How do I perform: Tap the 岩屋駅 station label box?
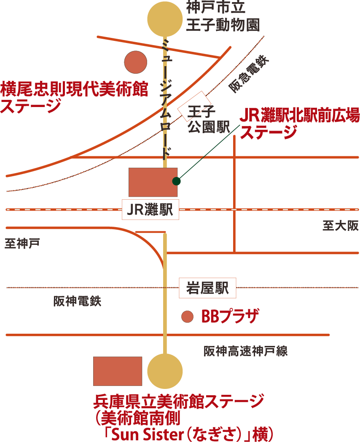207,288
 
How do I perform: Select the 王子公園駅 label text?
202,120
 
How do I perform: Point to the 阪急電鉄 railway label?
248,74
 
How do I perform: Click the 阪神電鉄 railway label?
78,302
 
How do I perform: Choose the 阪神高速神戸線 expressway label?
246,351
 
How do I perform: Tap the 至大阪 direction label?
340,226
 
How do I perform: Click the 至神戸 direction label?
22,244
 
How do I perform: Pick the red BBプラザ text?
229,316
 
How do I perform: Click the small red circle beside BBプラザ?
187,316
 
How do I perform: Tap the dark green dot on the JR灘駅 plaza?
176,181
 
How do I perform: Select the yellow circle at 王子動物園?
165,18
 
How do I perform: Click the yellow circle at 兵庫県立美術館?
165,371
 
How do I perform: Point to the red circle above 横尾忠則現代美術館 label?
136,62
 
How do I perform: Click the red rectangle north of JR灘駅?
153,182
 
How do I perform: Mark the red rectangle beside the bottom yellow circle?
118,371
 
